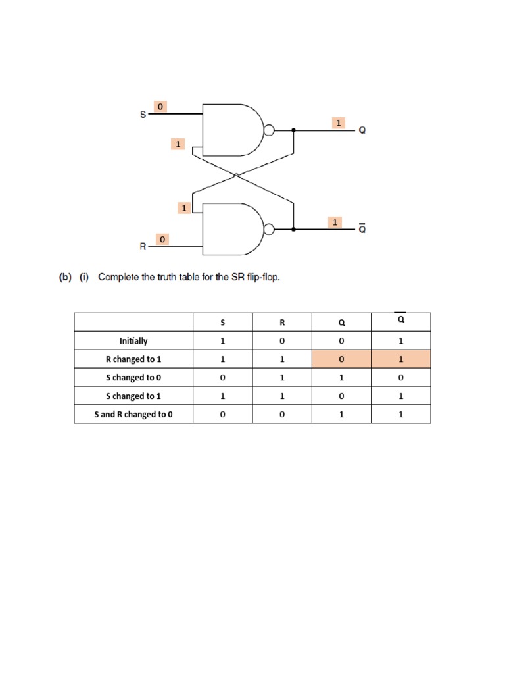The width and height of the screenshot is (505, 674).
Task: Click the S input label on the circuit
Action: (x=143, y=115)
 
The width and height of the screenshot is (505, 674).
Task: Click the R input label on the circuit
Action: (x=143, y=247)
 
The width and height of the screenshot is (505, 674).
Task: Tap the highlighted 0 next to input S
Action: (x=160, y=106)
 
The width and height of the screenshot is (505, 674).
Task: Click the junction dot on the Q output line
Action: (x=293, y=130)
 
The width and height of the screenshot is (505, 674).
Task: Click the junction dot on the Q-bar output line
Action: (x=293, y=230)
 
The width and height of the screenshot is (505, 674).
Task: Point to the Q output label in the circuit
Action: (x=362, y=130)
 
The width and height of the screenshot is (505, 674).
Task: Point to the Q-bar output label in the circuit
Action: (x=362, y=229)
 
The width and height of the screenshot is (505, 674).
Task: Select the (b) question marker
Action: (x=64, y=277)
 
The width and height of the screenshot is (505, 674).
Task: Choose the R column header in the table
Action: (x=281, y=323)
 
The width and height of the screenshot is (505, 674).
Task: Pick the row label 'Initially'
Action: (x=133, y=341)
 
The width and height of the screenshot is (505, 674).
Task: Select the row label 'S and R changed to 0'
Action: (x=133, y=415)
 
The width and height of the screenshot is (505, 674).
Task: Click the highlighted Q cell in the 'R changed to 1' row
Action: (x=341, y=359)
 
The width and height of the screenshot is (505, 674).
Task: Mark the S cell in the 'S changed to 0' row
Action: (x=222, y=378)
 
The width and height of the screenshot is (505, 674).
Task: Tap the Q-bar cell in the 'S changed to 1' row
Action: (x=400, y=396)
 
